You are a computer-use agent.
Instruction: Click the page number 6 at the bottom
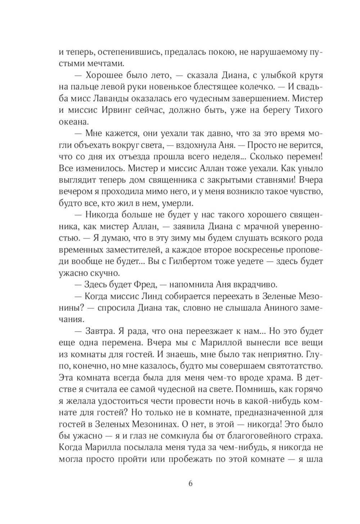[190, 483]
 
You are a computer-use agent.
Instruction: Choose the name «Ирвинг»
[114, 110]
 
